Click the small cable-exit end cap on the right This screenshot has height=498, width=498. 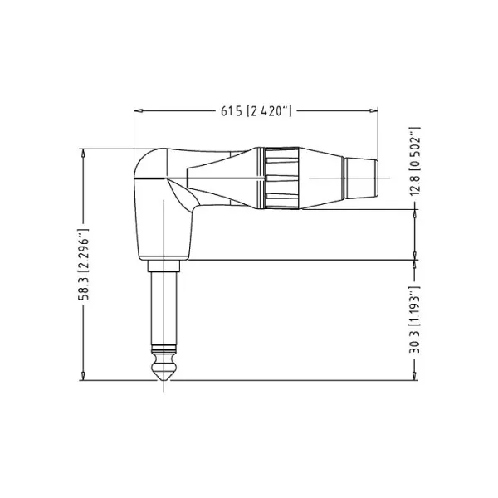point(363,176)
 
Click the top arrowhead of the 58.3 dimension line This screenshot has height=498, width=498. point(83,154)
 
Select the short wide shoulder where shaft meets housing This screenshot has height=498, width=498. point(163,266)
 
